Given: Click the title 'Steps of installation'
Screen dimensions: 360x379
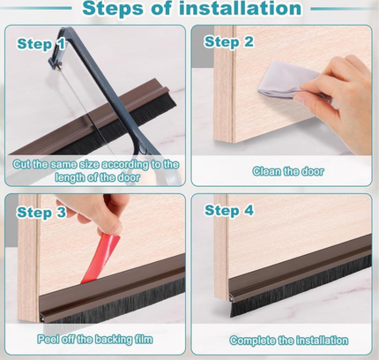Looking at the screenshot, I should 191,10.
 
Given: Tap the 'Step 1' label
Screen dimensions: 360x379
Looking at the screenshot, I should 41,42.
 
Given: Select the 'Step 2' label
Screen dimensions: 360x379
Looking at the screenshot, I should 229,41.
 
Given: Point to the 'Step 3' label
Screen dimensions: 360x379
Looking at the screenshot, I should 41,212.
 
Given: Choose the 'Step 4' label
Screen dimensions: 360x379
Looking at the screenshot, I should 229,210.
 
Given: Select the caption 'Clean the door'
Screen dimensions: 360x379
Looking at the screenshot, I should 288,171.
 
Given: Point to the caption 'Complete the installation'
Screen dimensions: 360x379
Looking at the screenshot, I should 288,340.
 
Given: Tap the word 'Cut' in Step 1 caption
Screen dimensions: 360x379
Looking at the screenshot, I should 24,164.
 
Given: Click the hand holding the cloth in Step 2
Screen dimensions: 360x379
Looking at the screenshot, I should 339,88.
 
